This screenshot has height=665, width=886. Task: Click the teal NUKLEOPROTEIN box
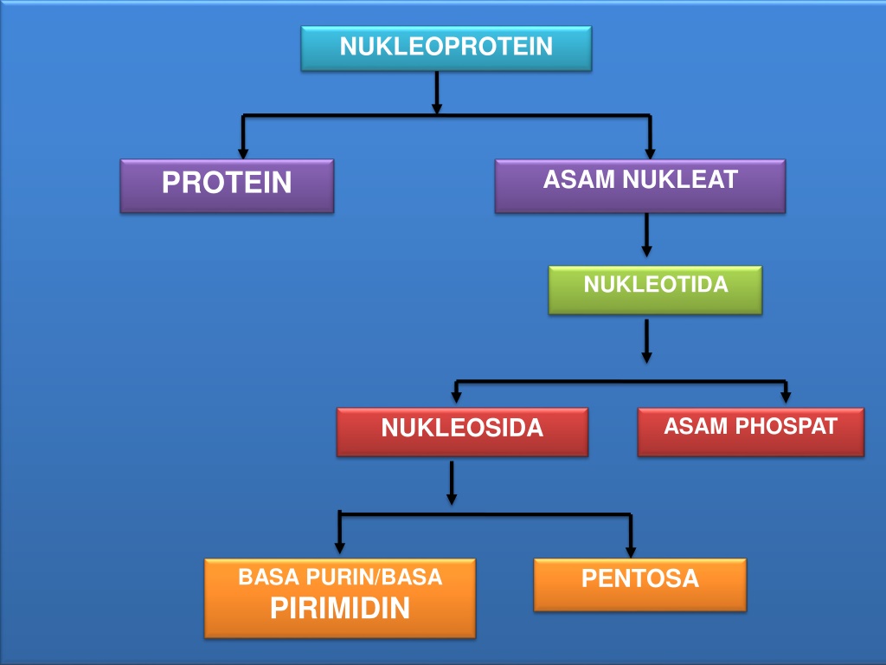click(446, 48)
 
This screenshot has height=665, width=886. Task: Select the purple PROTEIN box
click(228, 186)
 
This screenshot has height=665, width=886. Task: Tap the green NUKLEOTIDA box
click(655, 290)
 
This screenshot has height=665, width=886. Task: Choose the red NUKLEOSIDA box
click(462, 432)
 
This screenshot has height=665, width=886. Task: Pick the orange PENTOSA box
click(640, 584)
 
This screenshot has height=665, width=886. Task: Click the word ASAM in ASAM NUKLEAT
click(579, 180)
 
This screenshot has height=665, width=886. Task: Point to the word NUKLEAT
click(680, 180)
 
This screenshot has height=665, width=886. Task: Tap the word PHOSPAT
click(786, 426)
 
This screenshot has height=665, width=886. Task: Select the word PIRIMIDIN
click(340, 609)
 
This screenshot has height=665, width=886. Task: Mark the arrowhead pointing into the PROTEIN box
click(243, 153)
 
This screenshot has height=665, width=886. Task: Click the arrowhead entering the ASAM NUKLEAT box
click(650, 153)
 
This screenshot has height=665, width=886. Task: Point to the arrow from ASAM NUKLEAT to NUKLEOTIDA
click(647, 235)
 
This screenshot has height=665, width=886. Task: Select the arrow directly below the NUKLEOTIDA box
click(647, 341)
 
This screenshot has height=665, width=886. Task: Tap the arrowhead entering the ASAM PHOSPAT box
click(786, 397)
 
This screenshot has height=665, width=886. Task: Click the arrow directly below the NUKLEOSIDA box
click(452, 483)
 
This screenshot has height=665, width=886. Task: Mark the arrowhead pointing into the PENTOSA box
click(631, 552)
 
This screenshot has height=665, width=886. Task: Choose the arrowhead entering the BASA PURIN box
click(339, 548)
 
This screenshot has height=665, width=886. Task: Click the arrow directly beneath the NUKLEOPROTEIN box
click(437, 93)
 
